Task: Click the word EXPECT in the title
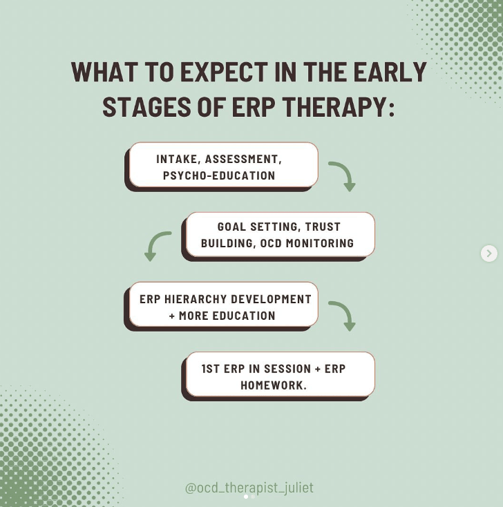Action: [224, 72]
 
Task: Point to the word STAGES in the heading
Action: [147, 106]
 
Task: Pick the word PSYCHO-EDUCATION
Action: [219, 175]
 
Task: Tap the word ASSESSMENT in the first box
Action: [243, 160]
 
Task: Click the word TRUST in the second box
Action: [323, 227]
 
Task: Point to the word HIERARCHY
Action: [196, 299]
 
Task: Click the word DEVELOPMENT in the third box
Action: [271, 299]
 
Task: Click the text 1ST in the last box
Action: [211, 369]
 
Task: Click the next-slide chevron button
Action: [489, 254]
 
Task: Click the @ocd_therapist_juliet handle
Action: [249, 487]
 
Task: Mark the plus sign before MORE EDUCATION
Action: [172, 316]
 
